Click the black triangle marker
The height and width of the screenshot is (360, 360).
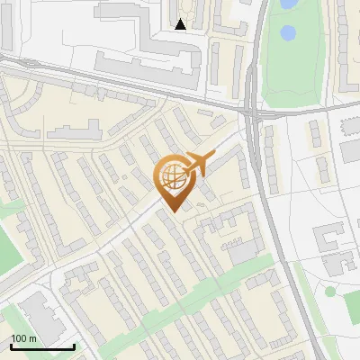coord(181,24)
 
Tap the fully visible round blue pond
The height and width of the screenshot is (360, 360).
coord(288,34)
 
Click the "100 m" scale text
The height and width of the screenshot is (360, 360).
coord(24,338)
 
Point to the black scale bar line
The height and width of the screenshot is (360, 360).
coord(42,346)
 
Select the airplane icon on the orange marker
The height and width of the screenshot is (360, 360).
coord(196,164)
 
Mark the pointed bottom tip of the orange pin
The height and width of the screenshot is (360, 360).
coord(171,211)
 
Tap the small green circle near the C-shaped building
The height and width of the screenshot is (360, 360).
coord(330,291)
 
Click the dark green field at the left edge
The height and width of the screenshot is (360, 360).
coord(7,252)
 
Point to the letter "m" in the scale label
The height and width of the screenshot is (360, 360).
coord(32,338)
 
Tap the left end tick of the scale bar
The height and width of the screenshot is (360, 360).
coord(12,345)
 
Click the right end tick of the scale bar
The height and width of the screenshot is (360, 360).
coord(73,345)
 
